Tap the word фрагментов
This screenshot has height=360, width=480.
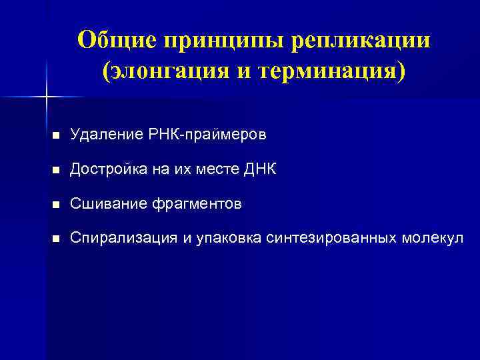pyautogui.click(x=195, y=204)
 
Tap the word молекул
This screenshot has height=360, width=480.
pyautogui.click(x=431, y=239)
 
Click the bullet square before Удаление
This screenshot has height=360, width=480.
pyautogui.click(x=56, y=135)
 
